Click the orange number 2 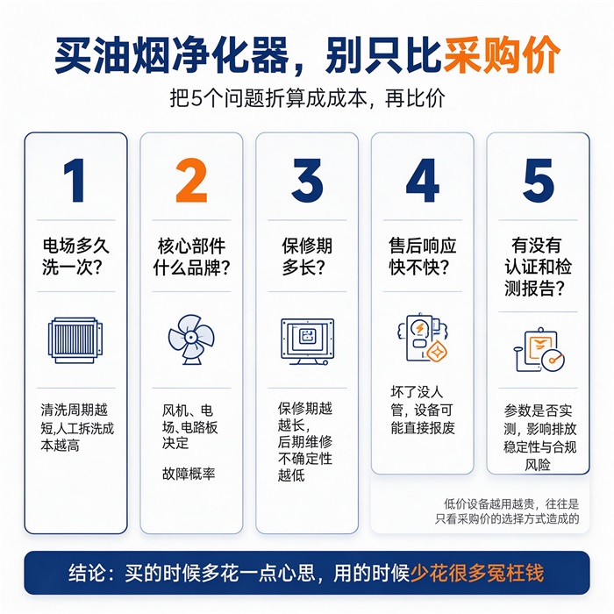(x=191, y=181)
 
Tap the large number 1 (x=75, y=181)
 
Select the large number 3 (x=307, y=181)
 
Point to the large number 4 (x=423, y=181)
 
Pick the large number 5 (x=539, y=181)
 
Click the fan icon (x=191, y=339)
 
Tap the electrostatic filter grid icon (x=75, y=340)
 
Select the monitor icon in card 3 (x=307, y=341)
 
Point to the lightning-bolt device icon (x=423, y=338)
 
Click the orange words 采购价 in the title (x=502, y=54)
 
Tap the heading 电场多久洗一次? (x=75, y=256)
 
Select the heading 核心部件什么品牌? (x=191, y=257)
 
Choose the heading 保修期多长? (x=307, y=256)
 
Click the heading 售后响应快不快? (x=423, y=256)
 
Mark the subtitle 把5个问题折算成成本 (x=268, y=98)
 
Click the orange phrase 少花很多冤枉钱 (x=477, y=574)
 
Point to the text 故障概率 (x=189, y=474)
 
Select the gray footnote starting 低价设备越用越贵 (x=507, y=511)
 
